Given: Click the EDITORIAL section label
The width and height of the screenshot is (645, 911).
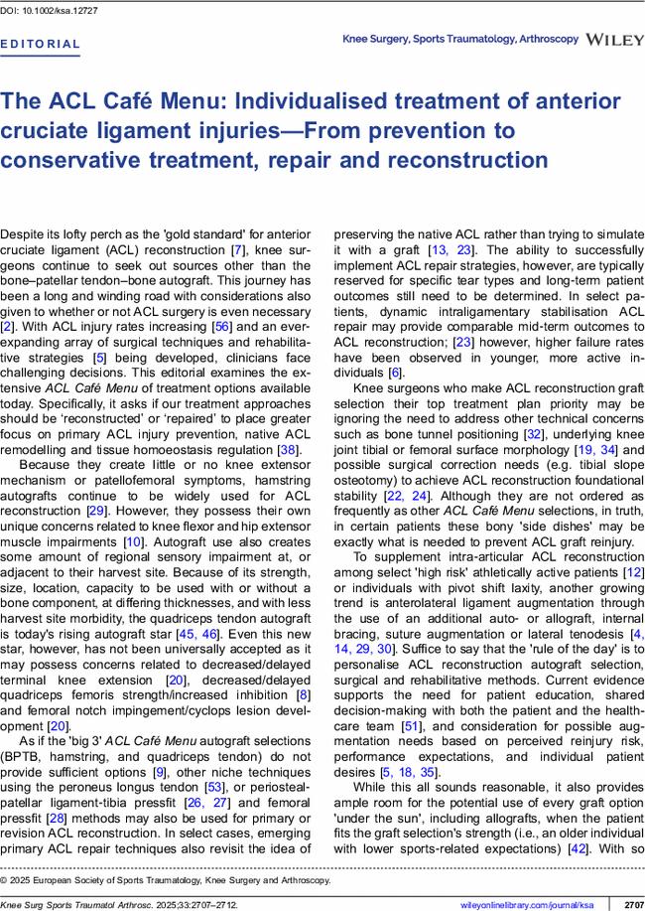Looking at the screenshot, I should click(x=41, y=45).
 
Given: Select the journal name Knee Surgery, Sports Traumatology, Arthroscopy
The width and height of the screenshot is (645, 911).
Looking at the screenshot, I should click(x=460, y=39).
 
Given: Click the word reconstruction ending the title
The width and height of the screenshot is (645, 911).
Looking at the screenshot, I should click(x=462, y=159).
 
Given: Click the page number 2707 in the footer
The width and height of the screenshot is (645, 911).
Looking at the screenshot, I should click(x=633, y=904).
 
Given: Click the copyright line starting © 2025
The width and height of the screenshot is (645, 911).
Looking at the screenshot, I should click(x=165, y=879).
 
